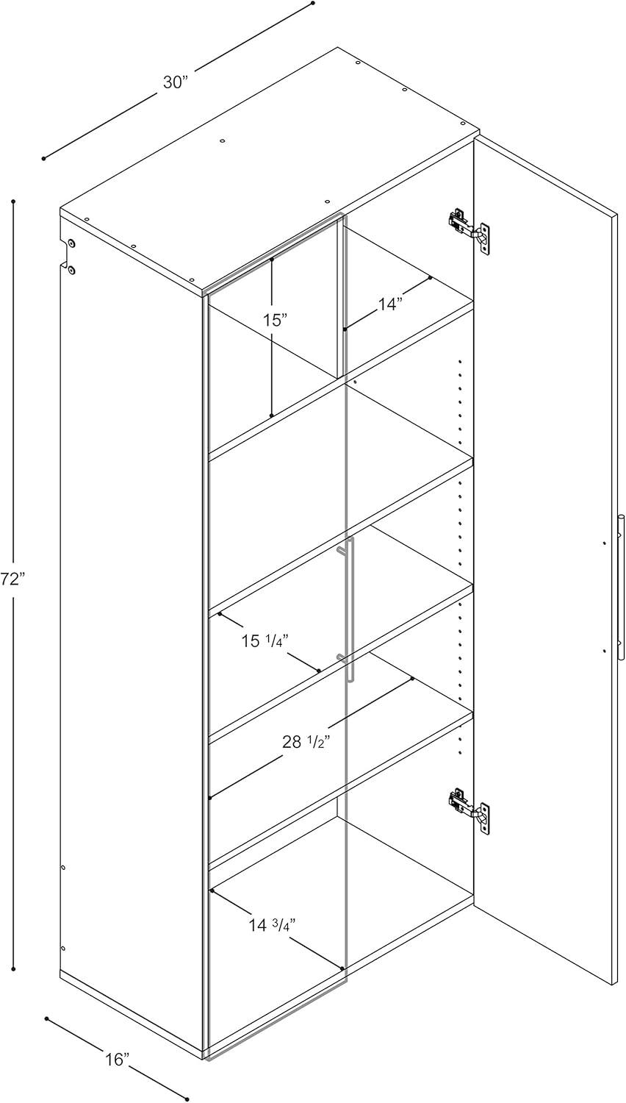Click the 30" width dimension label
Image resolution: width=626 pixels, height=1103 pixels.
[x=176, y=82]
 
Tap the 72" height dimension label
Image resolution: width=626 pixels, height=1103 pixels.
[x=12, y=579]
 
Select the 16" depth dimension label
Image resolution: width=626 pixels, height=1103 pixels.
[x=117, y=1060]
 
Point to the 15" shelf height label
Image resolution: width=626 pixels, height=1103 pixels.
[x=275, y=320]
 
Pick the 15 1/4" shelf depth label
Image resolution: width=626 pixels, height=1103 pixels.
[x=265, y=641]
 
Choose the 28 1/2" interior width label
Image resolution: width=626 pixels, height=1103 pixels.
[x=304, y=741]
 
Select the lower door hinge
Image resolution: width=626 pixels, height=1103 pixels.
[x=469, y=808]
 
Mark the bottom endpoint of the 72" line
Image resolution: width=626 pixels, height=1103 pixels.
[x=13, y=969]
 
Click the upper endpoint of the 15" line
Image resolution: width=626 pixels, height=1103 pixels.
[x=272, y=259]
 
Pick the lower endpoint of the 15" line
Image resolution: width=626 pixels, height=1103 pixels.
[x=272, y=415]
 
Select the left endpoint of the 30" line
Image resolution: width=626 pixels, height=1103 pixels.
[x=44, y=158]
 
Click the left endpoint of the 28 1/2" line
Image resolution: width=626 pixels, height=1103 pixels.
[x=210, y=797]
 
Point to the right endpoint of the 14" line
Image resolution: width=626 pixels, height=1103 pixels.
[x=430, y=278]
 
